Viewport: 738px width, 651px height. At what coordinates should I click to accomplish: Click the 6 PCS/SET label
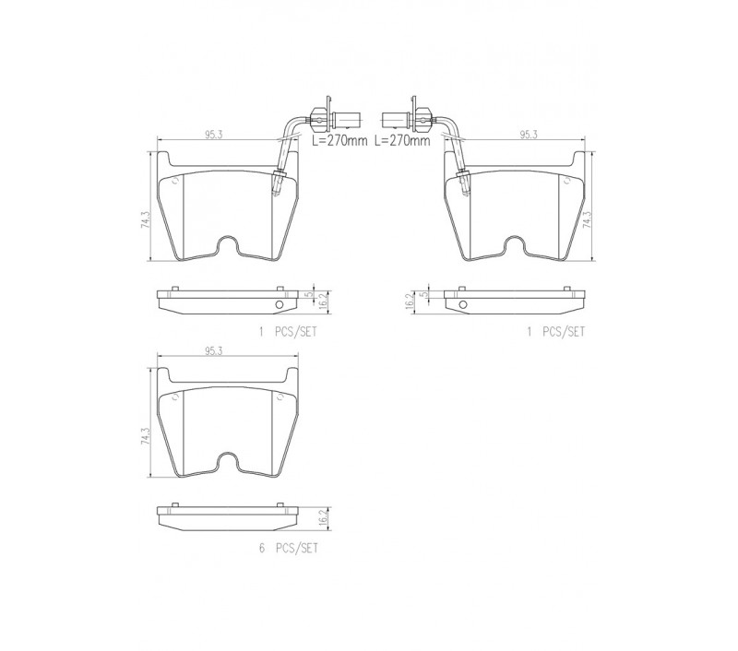click(x=289, y=548)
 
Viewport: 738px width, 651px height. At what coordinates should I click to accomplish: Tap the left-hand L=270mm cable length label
click(x=339, y=141)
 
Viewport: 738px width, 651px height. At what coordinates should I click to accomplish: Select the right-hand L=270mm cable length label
click(x=402, y=141)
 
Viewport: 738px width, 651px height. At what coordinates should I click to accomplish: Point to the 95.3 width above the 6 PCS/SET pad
click(x=213, y=351)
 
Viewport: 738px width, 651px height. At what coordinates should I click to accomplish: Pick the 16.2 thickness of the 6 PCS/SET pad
click(x=323, y=517)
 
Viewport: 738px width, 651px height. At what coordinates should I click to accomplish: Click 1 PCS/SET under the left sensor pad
click(x=288, y=332)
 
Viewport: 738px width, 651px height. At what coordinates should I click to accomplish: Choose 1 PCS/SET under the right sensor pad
click(x=556, y=332)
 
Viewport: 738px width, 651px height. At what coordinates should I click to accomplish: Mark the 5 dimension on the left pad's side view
click(x=309, y=294)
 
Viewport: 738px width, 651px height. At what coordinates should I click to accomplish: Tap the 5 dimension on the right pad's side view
click(x=425, y=294)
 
